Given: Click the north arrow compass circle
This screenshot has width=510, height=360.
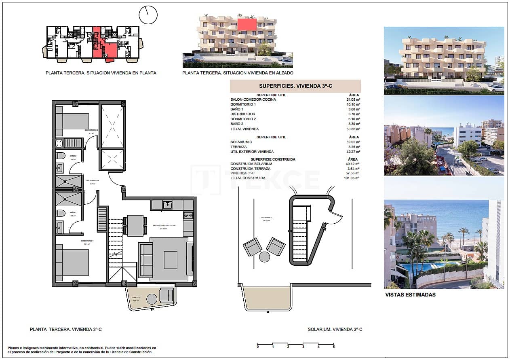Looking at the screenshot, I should tap(148, 15).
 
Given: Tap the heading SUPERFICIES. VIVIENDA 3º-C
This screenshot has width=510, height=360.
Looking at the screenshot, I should tap(295, 86).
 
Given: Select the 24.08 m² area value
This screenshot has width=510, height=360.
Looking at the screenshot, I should tap(352, 100).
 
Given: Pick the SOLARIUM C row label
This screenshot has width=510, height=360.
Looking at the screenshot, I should tap(241, 142).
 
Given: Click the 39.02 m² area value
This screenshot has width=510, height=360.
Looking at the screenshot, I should tap(352, 142).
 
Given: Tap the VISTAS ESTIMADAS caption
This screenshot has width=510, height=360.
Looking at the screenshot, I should tap(411, 295).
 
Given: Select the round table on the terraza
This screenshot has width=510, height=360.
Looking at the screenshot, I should tap(152, 299).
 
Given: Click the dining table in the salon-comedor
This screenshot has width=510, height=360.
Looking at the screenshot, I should tap(135, 225).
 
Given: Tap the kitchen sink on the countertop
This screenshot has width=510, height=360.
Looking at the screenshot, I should tap(168, 205).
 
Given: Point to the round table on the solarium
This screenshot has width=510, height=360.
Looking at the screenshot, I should tap(265, 257).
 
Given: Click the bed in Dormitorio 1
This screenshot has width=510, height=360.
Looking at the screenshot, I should tap(72, 262).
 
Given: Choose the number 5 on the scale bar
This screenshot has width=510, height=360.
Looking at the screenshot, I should tap(333, 347).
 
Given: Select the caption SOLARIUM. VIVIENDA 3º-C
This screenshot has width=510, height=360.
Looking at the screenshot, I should tap(335, 330).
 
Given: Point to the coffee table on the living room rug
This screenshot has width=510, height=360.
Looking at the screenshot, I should tap(171, 260).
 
